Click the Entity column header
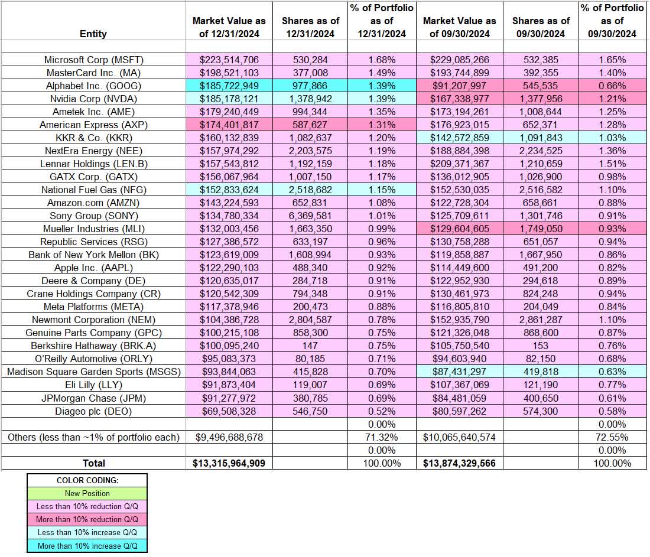point(93,34)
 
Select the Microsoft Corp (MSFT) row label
point(93,60)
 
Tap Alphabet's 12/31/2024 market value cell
point(229,86)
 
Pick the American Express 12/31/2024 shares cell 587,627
point(311,125)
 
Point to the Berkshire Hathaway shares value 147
point(311,346)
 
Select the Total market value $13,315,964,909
point(229,463)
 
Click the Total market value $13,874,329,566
point(460,463)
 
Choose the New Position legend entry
point(87,493)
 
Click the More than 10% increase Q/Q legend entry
point(87,546)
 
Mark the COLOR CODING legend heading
point(87,480)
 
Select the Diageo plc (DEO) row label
point(93,411)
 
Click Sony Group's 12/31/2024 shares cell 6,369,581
point(311,216)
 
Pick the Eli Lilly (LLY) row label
point(93,385)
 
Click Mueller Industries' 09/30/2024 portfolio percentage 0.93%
point(612,229)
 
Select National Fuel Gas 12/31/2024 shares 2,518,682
point(311,190)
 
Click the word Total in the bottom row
point(93,463)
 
